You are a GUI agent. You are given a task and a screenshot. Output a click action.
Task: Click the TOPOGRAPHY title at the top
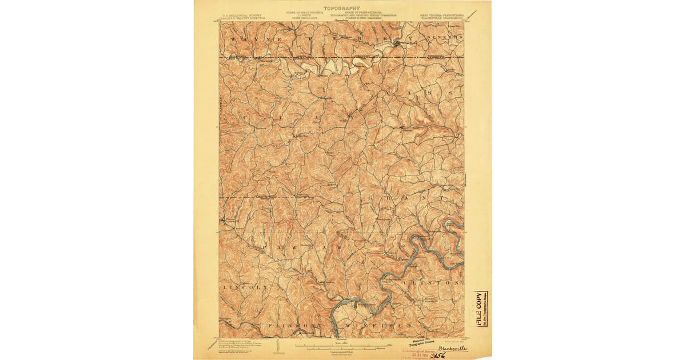[342, 8]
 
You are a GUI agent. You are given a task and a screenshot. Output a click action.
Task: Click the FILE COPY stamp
[478, 308]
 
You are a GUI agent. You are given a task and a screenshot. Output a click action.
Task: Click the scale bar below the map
[342, 346]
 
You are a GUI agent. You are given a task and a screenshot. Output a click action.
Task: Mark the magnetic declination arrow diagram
[277, 346]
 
